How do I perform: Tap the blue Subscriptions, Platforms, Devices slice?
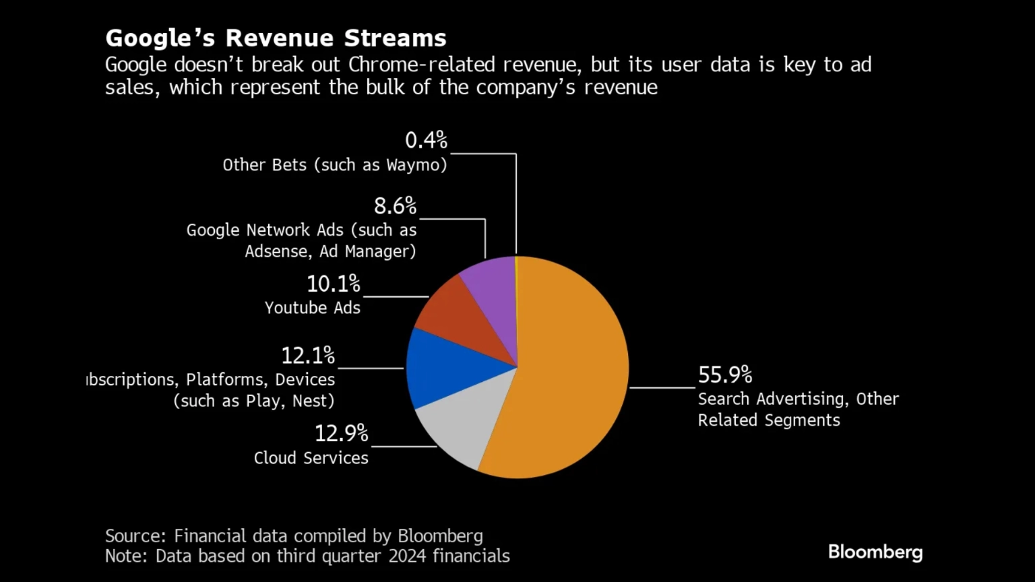click(x=445, y=367)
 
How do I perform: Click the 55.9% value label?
click(x=724, y=375)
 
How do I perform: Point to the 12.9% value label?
click(x=341, y=433)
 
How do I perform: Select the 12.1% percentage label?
click(x=307, y=355)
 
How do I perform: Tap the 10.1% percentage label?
click(x=333, y=284)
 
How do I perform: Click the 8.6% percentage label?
click(x=395, y=205)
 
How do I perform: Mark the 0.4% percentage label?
click(x=426, y=140)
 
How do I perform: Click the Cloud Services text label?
click(x=311, y=458)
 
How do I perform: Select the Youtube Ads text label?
click(x=312, y=308)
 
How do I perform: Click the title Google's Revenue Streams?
click(x=276, y=38)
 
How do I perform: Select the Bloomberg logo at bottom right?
click(x=875, y=552)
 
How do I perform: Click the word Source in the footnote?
click(x=135, y=536)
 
